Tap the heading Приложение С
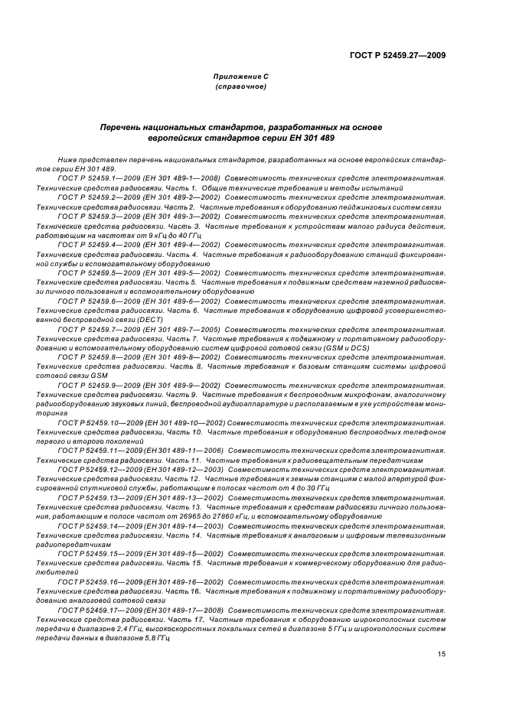(240, 77)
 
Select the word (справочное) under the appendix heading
(240, 87)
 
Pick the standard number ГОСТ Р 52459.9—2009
(93, 384)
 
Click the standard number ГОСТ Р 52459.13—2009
(94, 496)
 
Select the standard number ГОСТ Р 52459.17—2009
(94, 610)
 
